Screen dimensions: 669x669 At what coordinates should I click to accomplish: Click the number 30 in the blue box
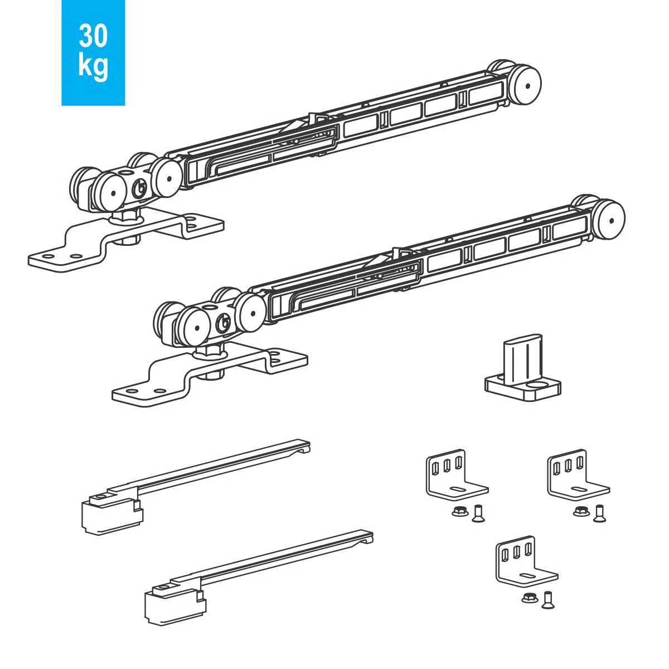click(93, 36)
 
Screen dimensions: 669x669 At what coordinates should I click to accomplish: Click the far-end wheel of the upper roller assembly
click(527, 86)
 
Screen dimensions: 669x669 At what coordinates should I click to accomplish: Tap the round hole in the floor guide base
click(537, 385)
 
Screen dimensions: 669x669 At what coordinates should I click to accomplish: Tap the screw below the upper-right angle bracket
click(599, 513)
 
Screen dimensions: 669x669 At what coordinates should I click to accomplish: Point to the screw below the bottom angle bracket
click(547, 599)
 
